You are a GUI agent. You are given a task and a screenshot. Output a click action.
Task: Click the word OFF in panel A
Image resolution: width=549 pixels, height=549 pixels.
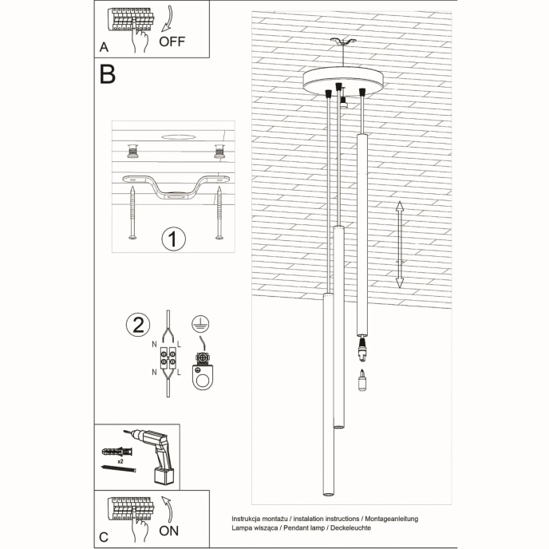point(172,41)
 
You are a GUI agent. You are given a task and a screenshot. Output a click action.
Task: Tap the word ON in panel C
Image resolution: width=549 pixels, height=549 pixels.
point(171,530)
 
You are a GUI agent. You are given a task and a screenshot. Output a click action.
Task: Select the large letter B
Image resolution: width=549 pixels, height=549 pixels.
point(108,74)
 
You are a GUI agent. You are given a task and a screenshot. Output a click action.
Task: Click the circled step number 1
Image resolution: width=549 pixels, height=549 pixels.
point(173,239)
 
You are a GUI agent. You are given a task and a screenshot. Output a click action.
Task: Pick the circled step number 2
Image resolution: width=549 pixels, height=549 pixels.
point(138,325)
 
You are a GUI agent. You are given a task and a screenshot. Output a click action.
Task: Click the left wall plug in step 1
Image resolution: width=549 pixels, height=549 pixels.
point(132,151)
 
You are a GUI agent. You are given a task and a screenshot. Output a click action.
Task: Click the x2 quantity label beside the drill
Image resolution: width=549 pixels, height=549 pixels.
point(120,461)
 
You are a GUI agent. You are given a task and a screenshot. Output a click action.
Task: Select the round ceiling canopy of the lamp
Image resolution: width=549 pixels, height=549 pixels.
point(343,81)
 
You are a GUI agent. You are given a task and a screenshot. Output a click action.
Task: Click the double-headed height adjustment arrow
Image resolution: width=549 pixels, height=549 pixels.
point(401,245)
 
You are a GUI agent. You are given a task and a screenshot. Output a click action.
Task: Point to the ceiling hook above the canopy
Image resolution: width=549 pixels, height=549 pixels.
point(344,43)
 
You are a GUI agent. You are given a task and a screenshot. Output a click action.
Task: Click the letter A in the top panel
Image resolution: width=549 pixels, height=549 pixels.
point(104,47)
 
